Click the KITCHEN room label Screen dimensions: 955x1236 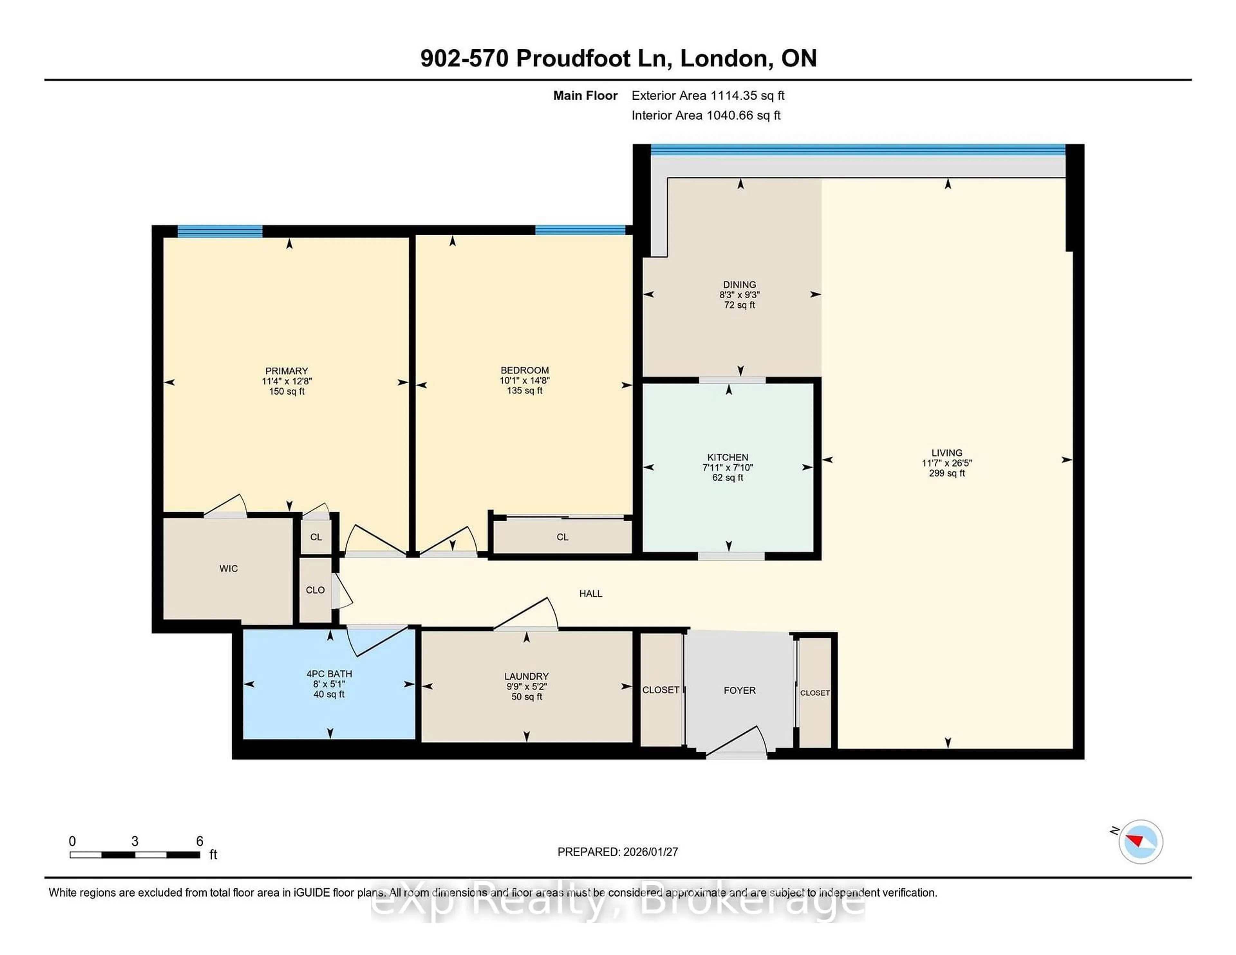pos(728,457)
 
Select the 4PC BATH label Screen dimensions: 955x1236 pos(329,674)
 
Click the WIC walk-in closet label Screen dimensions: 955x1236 pos(229,569)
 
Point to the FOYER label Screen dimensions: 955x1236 pos(739,690)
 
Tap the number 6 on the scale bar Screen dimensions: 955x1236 pos(199,841)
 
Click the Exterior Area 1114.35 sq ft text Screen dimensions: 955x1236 pos(708,96)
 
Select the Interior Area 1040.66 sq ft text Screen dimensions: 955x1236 pos(706,116)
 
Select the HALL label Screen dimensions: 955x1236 pos(590,593)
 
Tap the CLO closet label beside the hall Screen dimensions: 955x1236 pos(315,590)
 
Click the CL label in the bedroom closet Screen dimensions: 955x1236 pos(562,537)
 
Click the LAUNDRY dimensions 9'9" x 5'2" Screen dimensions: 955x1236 pos(526,686)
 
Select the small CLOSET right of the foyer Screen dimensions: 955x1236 pos(814,693)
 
